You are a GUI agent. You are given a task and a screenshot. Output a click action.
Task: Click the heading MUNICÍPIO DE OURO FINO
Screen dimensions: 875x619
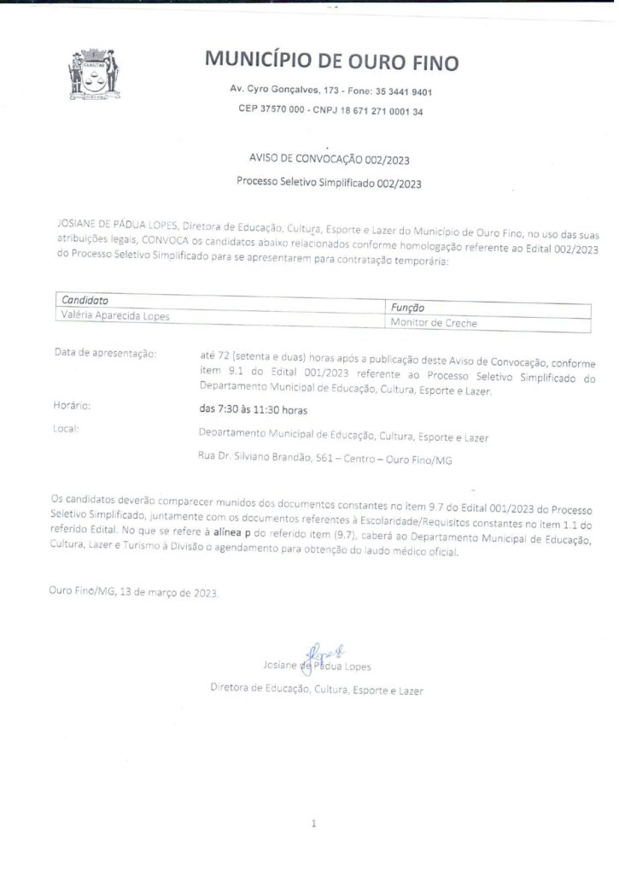331,62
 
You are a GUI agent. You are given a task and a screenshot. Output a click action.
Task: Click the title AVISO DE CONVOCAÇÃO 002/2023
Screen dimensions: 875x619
329,160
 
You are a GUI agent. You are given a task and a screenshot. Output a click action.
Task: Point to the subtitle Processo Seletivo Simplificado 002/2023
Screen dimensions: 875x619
329,182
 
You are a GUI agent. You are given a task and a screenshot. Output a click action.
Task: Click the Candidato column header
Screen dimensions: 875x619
85,300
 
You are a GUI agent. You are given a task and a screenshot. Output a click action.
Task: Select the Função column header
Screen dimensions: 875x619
407,307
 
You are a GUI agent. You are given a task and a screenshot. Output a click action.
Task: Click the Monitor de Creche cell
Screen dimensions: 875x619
433,323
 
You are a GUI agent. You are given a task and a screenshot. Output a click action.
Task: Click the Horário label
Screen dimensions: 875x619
72,406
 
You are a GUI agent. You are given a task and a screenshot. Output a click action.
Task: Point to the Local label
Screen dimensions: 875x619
65,428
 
